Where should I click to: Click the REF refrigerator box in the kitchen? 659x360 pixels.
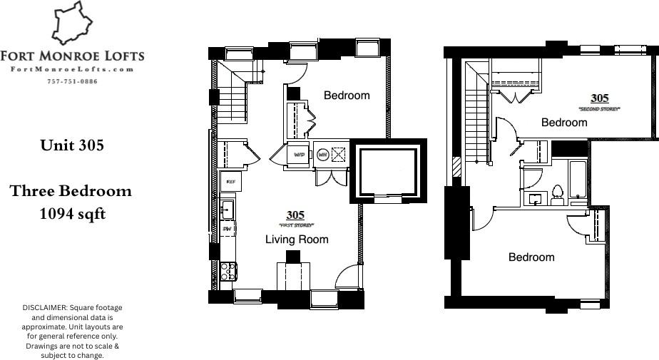[230, 182]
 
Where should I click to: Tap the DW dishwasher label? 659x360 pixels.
[227, 229]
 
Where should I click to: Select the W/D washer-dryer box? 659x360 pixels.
[299, 153]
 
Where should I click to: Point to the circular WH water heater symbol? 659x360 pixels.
[322, 153]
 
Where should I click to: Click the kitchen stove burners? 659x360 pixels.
[228, 271]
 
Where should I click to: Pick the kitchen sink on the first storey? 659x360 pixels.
[227, 209]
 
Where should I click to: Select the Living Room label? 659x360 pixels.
[297, 240]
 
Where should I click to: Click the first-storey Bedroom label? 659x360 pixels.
[347, 96]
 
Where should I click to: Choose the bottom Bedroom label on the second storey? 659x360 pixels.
[531, 257]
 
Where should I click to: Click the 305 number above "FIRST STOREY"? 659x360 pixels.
[295, 215]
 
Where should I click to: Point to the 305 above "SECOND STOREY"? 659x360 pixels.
[599, 98]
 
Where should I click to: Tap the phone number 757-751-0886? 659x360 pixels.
[71, 81]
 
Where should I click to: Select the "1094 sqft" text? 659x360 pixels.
[73, 212]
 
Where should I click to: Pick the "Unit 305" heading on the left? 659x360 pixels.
[72, 145]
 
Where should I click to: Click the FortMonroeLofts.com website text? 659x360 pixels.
[72, 69]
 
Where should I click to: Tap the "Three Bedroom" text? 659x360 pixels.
[71, 191]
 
